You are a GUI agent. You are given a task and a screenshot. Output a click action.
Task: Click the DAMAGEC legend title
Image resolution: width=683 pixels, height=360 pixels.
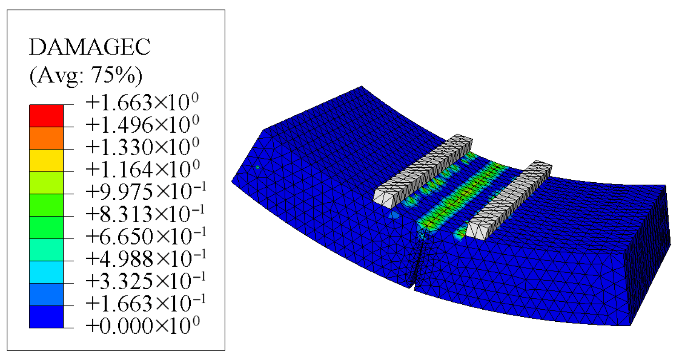coord(90,47)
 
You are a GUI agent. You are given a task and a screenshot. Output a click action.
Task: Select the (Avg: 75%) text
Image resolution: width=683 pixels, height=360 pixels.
coord(86,75)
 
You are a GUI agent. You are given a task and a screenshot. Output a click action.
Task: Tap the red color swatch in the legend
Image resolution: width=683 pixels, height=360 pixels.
coord(46,116)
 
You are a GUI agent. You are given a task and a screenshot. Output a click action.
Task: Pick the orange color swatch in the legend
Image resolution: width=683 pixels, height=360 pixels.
coord(46,138)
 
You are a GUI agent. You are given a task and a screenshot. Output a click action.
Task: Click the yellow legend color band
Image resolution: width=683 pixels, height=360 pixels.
coord(46,161)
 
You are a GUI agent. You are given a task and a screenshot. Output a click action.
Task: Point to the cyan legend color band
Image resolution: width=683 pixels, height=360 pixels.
coord(46,272)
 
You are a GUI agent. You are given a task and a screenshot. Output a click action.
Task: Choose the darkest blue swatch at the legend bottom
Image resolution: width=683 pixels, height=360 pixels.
coord(46,317)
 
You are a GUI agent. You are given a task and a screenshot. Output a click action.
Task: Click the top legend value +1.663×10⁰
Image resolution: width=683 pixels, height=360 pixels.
coord(142,102)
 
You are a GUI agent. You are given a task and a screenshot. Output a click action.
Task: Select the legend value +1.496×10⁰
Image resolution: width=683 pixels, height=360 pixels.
coord(142,124)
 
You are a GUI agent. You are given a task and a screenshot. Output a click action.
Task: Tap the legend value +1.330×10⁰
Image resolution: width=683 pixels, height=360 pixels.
coord(142,147)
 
